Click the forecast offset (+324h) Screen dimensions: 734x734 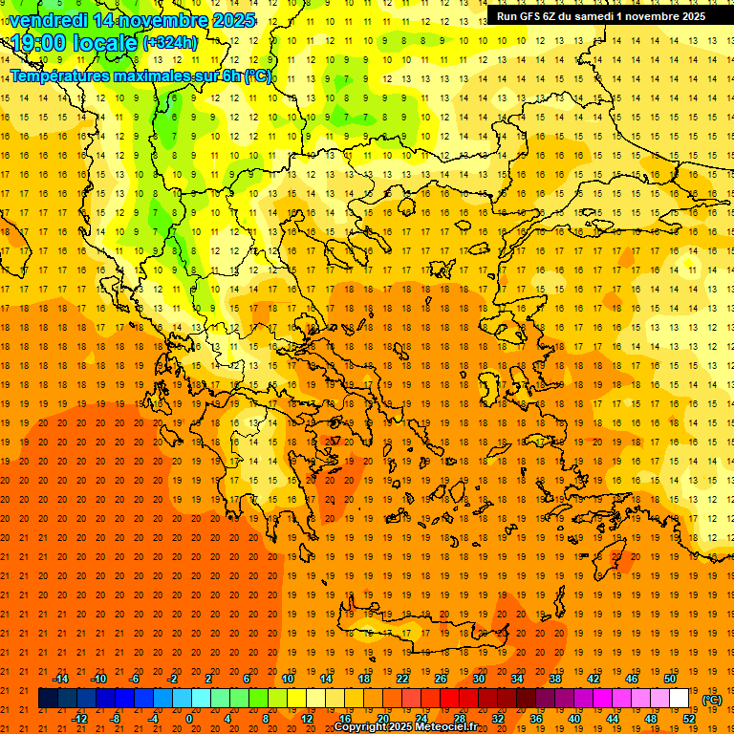tap(170, 43)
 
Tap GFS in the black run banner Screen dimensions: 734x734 tap(529, 16)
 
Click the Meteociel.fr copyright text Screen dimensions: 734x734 tap(405, 727)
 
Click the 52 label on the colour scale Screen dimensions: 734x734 tap(689, 719)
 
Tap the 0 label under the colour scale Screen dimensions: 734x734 tap(189, 719)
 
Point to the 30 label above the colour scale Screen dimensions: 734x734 tap(478, 679)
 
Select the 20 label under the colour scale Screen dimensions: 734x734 tap(382, 719)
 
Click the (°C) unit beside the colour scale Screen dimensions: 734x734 tap(712, 700)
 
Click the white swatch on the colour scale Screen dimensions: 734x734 tap(679, 699)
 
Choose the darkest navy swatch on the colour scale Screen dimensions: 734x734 tap(49, 699)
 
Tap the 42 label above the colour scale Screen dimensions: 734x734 tap(593, 679)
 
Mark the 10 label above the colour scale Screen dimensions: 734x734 tap(287, 679)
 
